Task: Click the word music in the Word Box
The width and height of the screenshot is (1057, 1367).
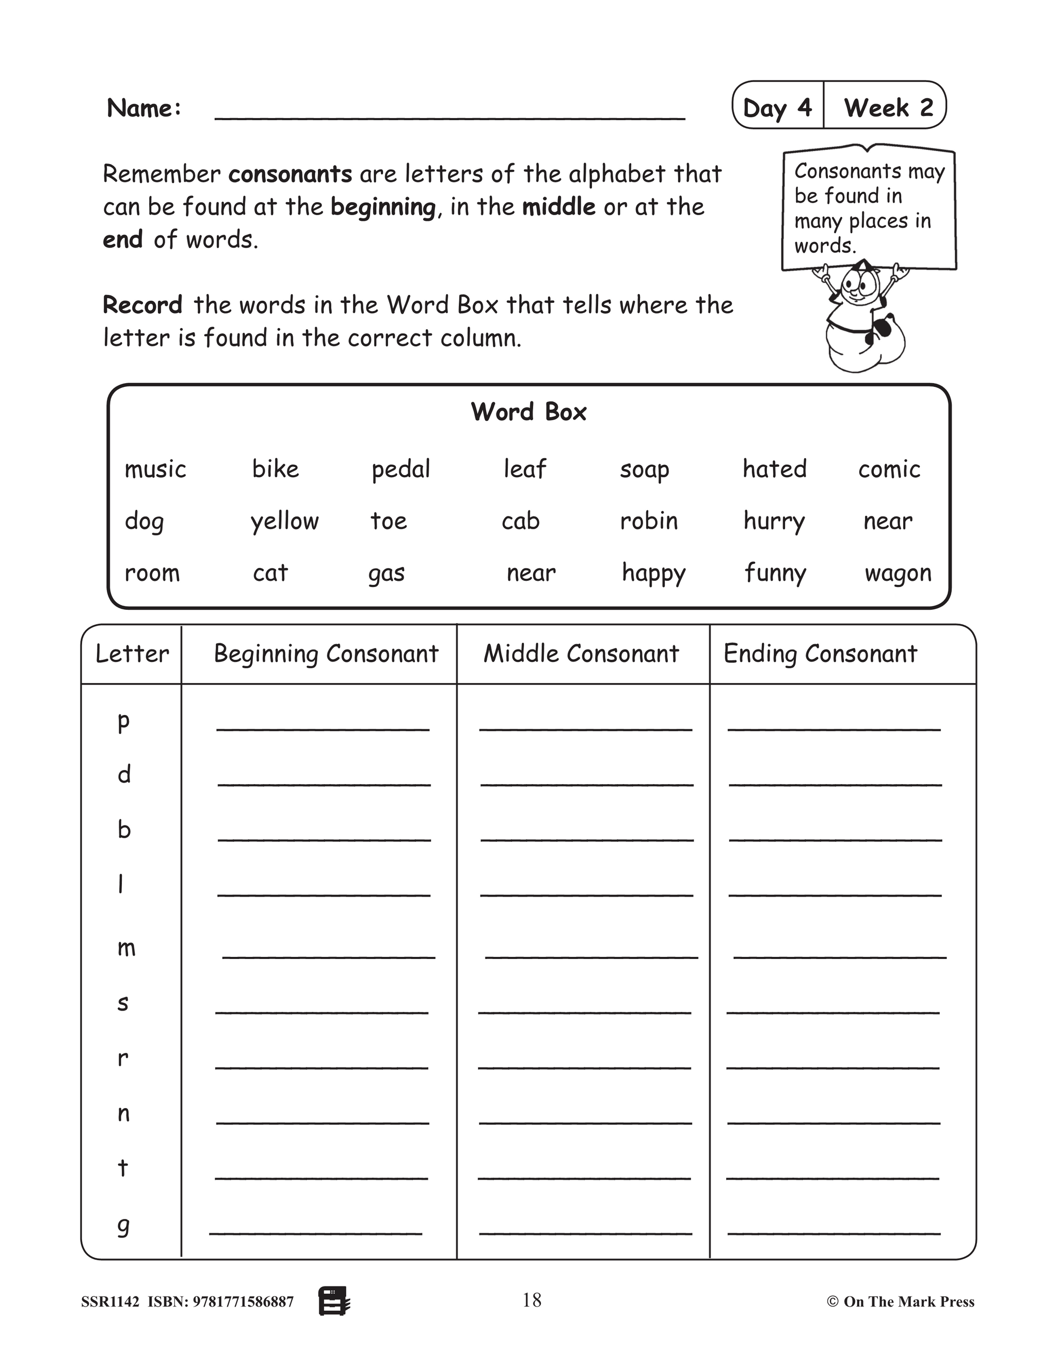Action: (155, 469)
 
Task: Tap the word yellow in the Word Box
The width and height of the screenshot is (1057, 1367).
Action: (284, 522)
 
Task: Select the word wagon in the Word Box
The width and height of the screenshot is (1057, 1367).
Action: (898, 573)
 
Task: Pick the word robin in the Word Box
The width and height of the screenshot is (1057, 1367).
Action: (649, 521)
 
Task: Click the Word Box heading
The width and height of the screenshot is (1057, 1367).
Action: (528, 412)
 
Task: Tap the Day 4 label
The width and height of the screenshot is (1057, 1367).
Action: (777, 108)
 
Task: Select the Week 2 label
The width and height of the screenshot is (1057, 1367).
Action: (888, 108)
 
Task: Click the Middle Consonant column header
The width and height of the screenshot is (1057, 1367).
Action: (581, 654)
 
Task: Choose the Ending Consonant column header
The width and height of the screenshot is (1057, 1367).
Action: (820, 654)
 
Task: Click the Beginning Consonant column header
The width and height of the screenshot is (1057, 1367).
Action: (326, 654)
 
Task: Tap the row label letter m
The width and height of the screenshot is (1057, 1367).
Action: (126, 948)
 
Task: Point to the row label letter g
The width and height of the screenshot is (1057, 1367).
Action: (124, 1225)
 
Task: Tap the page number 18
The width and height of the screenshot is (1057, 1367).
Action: (532, 1300)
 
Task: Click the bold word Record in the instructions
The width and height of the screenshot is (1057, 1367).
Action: (142, 305)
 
